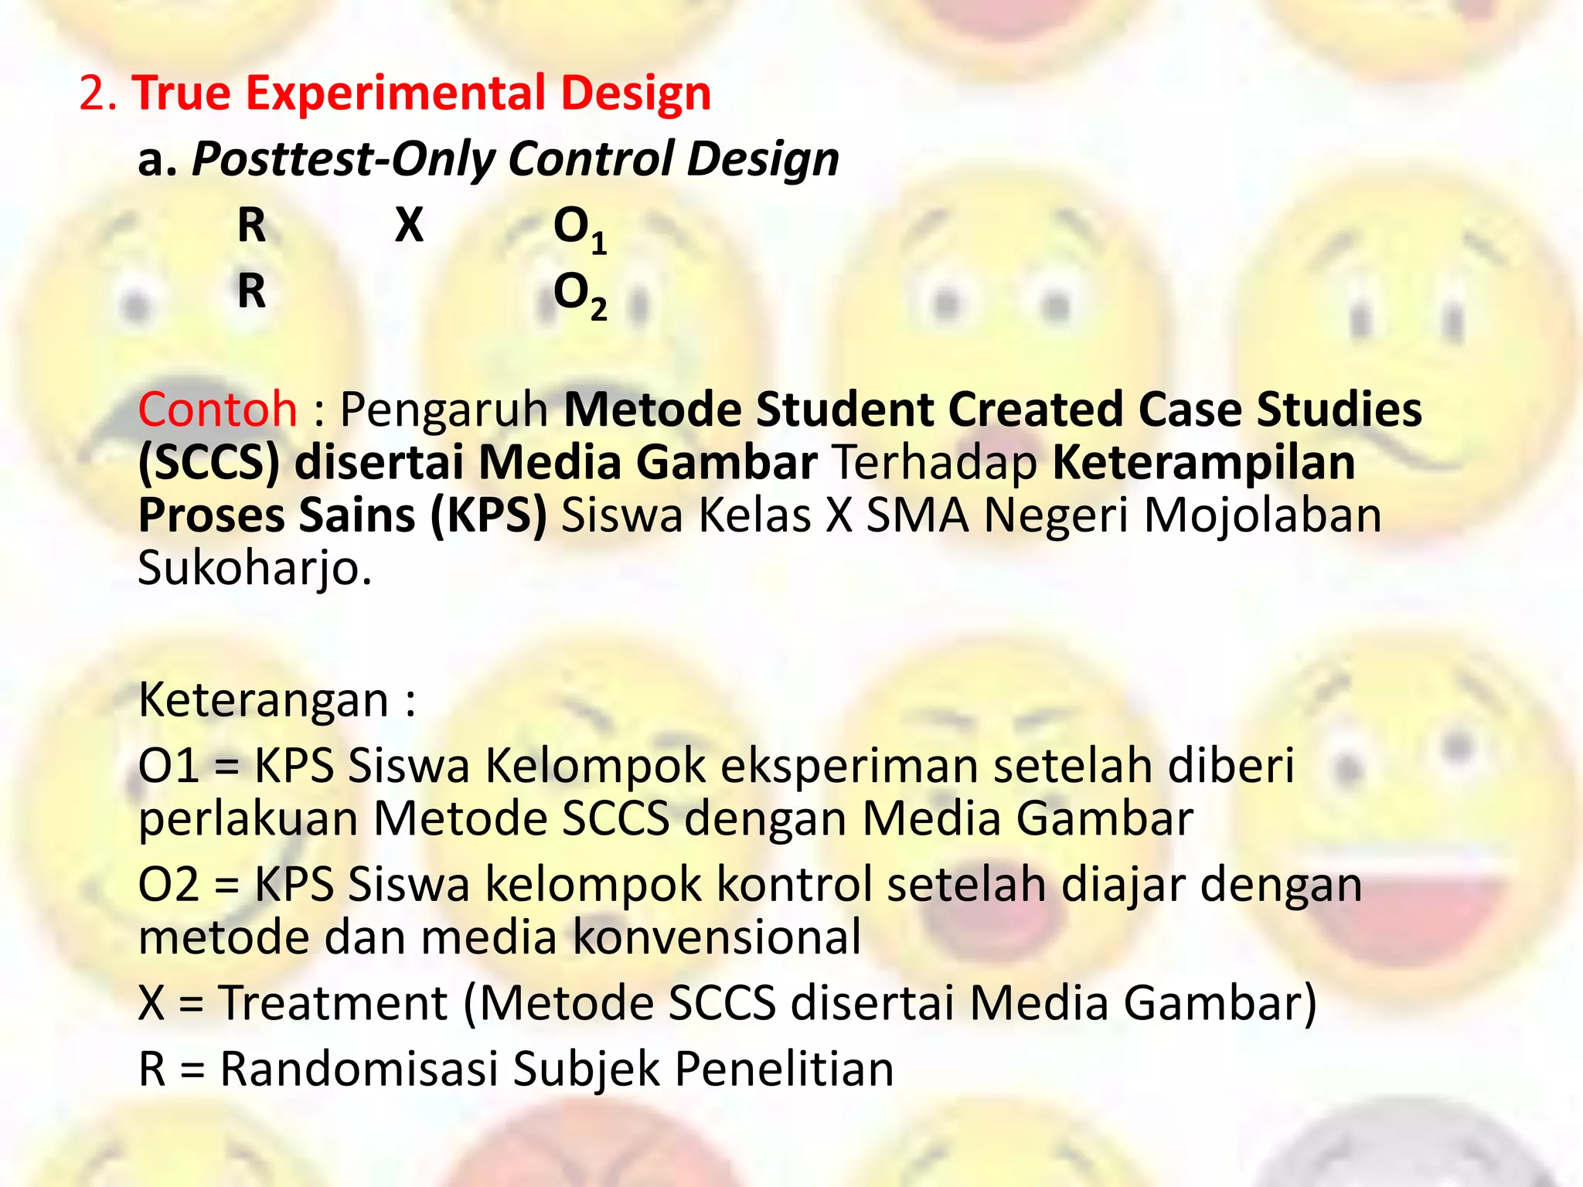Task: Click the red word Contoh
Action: (x=217, y=409)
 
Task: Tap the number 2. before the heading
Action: (x=98, y=94)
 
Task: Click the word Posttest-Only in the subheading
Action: (x=343, y=159)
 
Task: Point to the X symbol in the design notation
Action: (x=409, y=226)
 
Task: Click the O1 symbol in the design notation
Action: (x=579, y=230)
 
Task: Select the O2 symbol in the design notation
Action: (x=579, y=295)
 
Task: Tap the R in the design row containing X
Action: (x=251, y=226)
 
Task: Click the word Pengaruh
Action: (x=444, y=410)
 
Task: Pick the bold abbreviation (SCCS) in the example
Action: (x=209, y=463)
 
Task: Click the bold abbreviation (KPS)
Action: (x=489, y=515)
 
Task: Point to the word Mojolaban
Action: (x=1262, y=515)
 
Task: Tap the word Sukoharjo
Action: (x=254, y=570)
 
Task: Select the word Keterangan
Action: (x=263, y=700)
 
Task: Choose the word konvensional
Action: (x=718, y=937)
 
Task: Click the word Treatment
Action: (x=333, y=1003)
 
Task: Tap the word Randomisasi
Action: (x=359, y=1070)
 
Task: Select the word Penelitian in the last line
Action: (x=784, y=1070)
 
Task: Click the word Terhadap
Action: (x=935, y=463)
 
